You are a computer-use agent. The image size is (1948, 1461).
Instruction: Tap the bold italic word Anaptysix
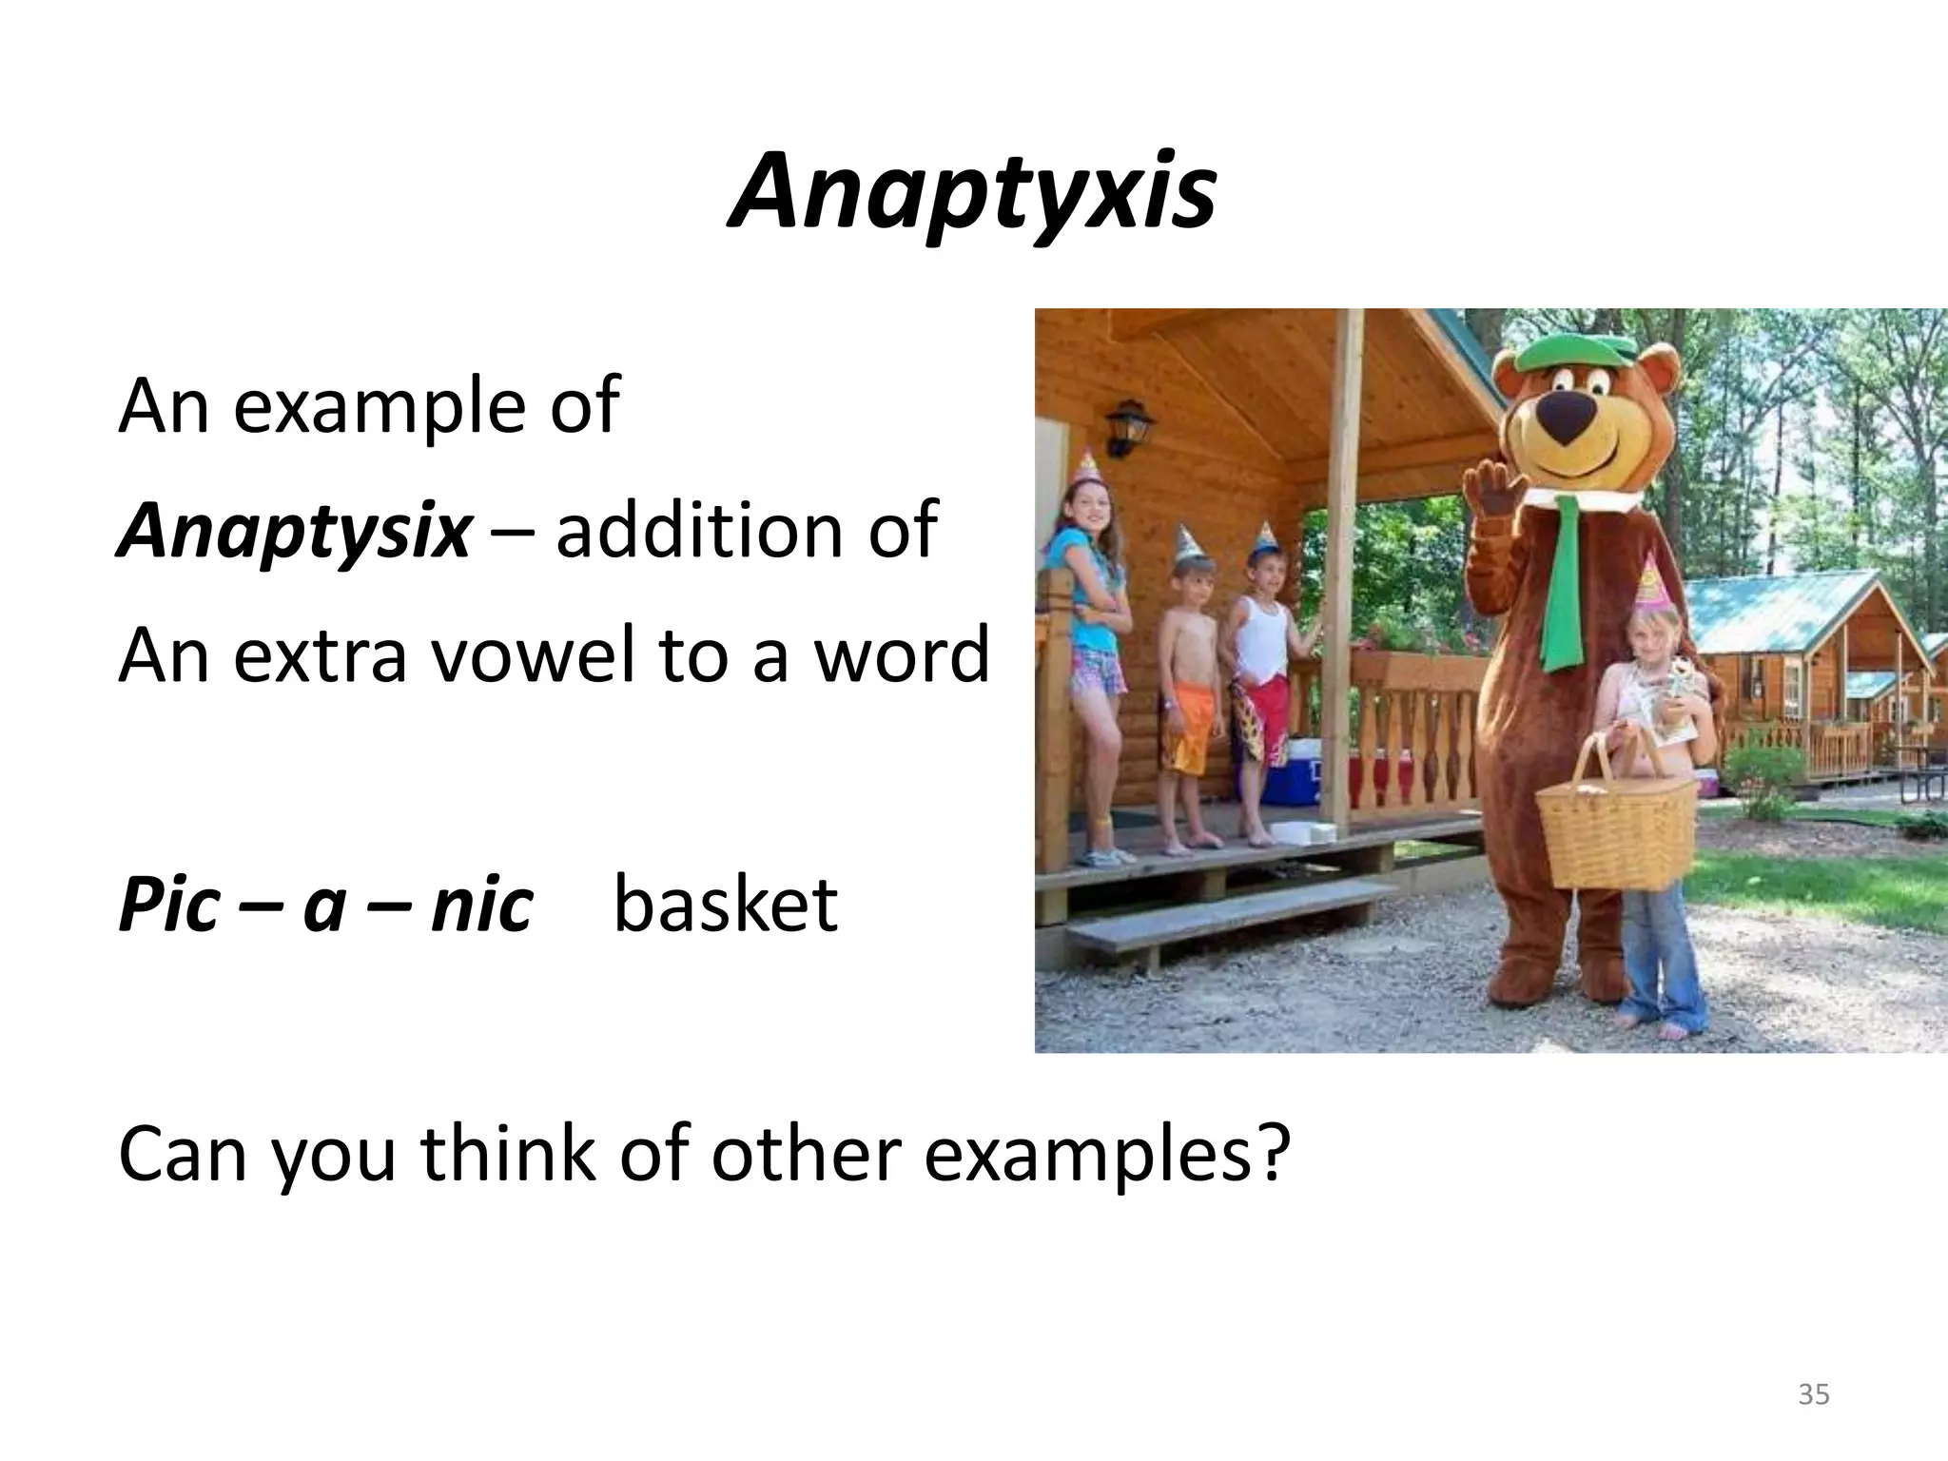click(294, 531)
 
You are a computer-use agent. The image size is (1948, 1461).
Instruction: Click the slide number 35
click(1813, 1395)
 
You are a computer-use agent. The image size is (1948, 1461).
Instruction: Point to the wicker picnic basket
click(1615, 828)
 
